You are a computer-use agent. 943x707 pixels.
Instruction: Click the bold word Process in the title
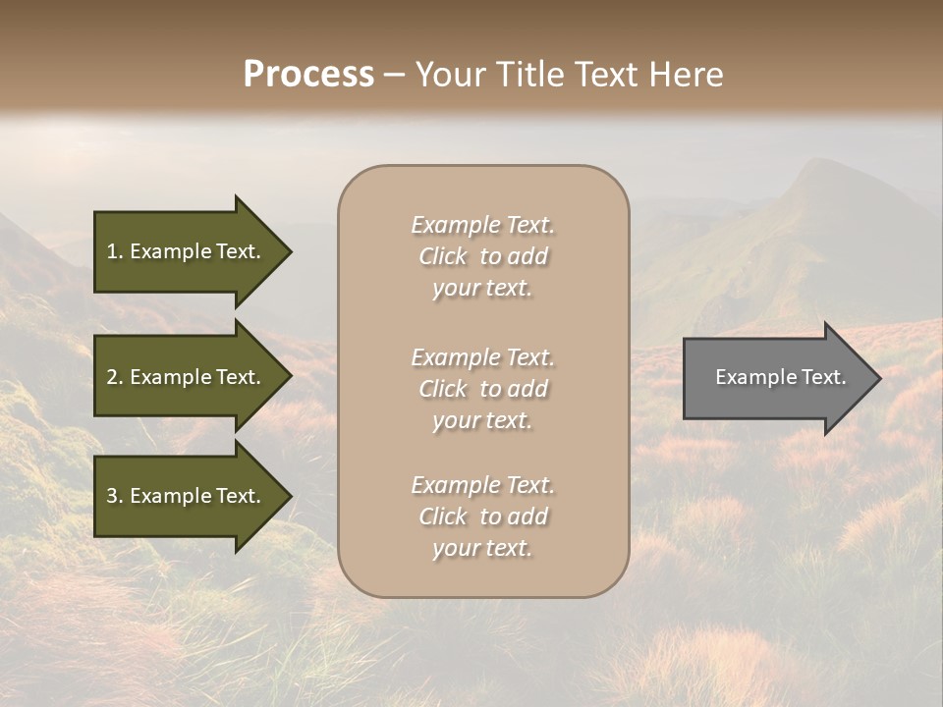(x=308, y=75)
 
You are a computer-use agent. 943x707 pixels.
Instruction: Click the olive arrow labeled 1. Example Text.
(x=187, y=251)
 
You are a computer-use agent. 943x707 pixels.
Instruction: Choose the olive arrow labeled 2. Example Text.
(x=187, y=377)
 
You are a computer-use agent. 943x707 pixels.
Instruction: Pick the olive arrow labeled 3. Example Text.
(x=187, y=496)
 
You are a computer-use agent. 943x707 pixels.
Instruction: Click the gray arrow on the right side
(x=776, y=378)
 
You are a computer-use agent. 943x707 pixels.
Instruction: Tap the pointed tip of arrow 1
(x=289, y=252)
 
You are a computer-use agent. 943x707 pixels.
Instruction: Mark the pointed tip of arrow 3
(x=289, y=497)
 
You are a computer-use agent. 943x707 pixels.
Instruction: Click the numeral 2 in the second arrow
(x=112, y=377)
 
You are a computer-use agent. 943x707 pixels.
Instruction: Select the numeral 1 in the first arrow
(x=112, y=251)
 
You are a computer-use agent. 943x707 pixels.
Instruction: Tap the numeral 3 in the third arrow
(x=112, y=496)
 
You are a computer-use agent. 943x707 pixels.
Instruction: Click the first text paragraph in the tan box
(x=482, y=256)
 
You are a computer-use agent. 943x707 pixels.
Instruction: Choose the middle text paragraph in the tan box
(x=482, y=389)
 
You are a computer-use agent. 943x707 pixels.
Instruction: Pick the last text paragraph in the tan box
(x=482, y=517)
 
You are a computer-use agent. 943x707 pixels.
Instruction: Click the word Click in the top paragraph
(x=443, y=256)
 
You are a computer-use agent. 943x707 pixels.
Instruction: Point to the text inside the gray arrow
(x=780, y=377)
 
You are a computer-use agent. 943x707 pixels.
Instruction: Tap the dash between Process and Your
(x=395, y=76)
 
